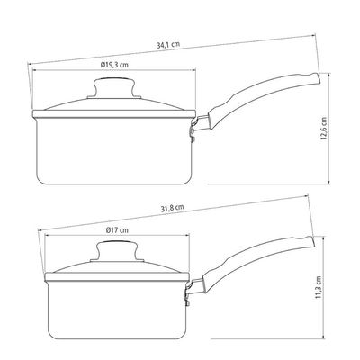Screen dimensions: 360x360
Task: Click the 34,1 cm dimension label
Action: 168,45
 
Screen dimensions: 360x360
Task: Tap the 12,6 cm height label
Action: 324,129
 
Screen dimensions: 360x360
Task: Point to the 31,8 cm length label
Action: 172,208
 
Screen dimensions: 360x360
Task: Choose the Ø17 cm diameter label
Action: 117,230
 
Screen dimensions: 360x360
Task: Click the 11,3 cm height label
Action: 319,287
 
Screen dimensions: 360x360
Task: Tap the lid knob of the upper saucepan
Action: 114,88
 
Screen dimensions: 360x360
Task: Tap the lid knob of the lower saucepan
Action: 117,251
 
